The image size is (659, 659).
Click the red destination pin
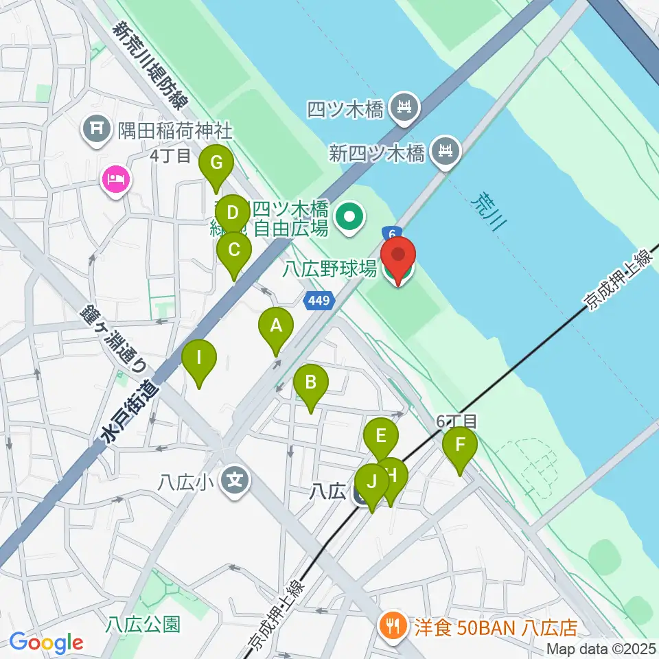point(398,258)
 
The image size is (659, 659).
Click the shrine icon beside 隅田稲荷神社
point(96,128)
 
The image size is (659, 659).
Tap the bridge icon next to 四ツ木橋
point(404,107)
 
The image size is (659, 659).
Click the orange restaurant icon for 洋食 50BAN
point(393,626)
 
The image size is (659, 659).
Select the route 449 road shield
point(319,299)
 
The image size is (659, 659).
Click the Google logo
point(47,642)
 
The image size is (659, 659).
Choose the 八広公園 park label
point(143,624)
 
